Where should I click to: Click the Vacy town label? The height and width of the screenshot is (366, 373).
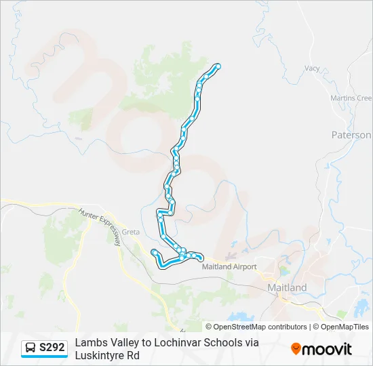point(312,68)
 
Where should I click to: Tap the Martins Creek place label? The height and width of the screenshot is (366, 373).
point(351,98)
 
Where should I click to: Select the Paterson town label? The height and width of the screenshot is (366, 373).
point(351,135)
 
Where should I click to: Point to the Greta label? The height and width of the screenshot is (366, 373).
point(131,232)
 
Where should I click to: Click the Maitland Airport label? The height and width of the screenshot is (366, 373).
point(229,266)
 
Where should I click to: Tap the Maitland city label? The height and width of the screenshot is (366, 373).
point(287,287)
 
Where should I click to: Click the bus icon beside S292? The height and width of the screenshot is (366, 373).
point(31,348)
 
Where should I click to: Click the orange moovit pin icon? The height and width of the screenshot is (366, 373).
point(296,348)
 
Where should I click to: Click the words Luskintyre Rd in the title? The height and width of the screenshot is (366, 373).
point(107,355)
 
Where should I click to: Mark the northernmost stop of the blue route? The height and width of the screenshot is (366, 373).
point(218,66)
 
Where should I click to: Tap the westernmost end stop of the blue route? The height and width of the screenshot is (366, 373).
point(155,252)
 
